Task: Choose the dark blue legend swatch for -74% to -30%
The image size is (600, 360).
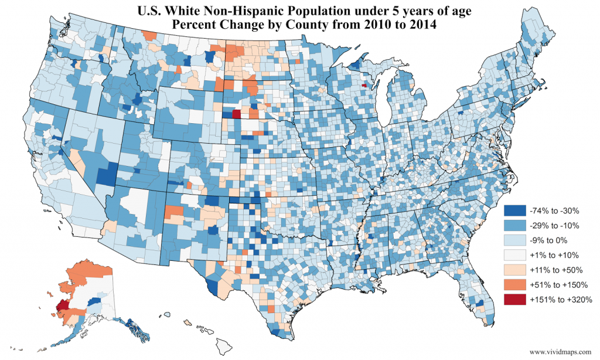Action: point(514,209)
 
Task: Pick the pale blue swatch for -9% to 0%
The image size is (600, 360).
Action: point(514,240)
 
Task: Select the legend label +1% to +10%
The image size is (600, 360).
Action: point(554,254)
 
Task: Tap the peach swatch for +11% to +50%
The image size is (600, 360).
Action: point(514,270)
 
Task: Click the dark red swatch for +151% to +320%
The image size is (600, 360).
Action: point(514,300)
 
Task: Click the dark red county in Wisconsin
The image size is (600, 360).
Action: point(364,84)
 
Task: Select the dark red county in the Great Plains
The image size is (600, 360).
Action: point(236,114)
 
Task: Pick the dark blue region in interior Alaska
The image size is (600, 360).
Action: point(92,301)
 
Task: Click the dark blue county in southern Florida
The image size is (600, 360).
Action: point(480,304)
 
